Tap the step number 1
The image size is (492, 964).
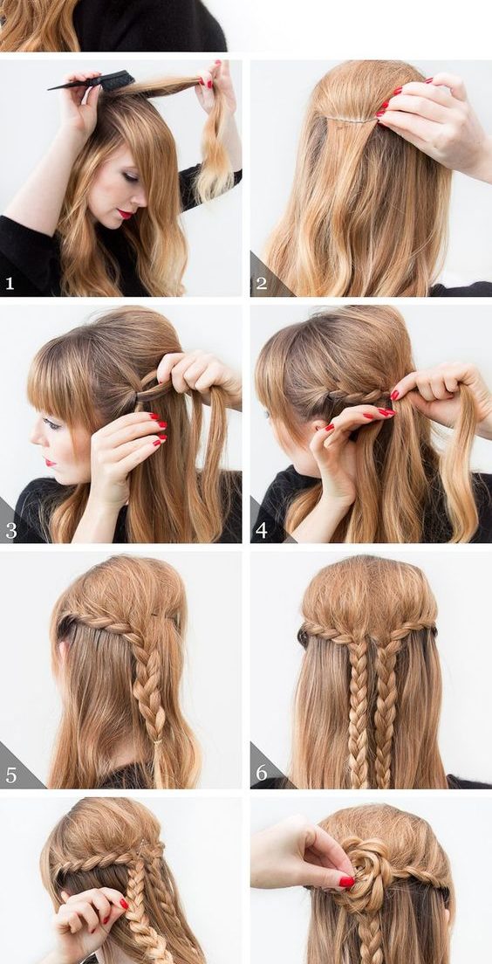(x=10, y=283)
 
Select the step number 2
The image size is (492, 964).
(x=262, y=283)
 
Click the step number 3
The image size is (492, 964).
(x=11, y=530)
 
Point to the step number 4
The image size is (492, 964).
(x=262, y=530)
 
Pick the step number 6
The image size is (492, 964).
(x=262, y=774)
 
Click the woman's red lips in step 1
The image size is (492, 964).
(x=126, y=213)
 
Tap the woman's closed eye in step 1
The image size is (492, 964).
(x=131, y=177)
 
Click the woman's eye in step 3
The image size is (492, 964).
(x=53, y=423)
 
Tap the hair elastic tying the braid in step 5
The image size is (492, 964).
(x=158, y=742)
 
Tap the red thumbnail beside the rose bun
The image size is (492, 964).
(x=346, y=882)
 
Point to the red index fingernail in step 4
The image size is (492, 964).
(x=387, y=412)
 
